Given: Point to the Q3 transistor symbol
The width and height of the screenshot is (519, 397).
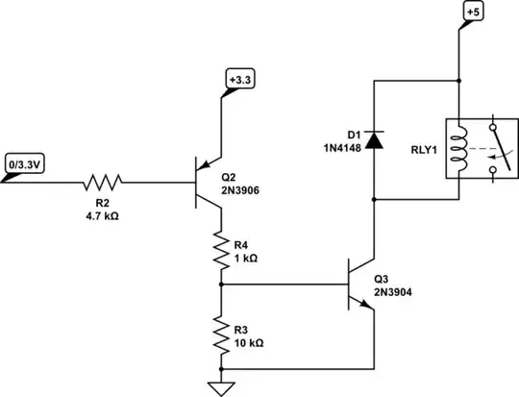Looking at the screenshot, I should (x=359, y=285).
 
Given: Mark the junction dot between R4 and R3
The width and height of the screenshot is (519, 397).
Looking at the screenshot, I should (x=222, y=285).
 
